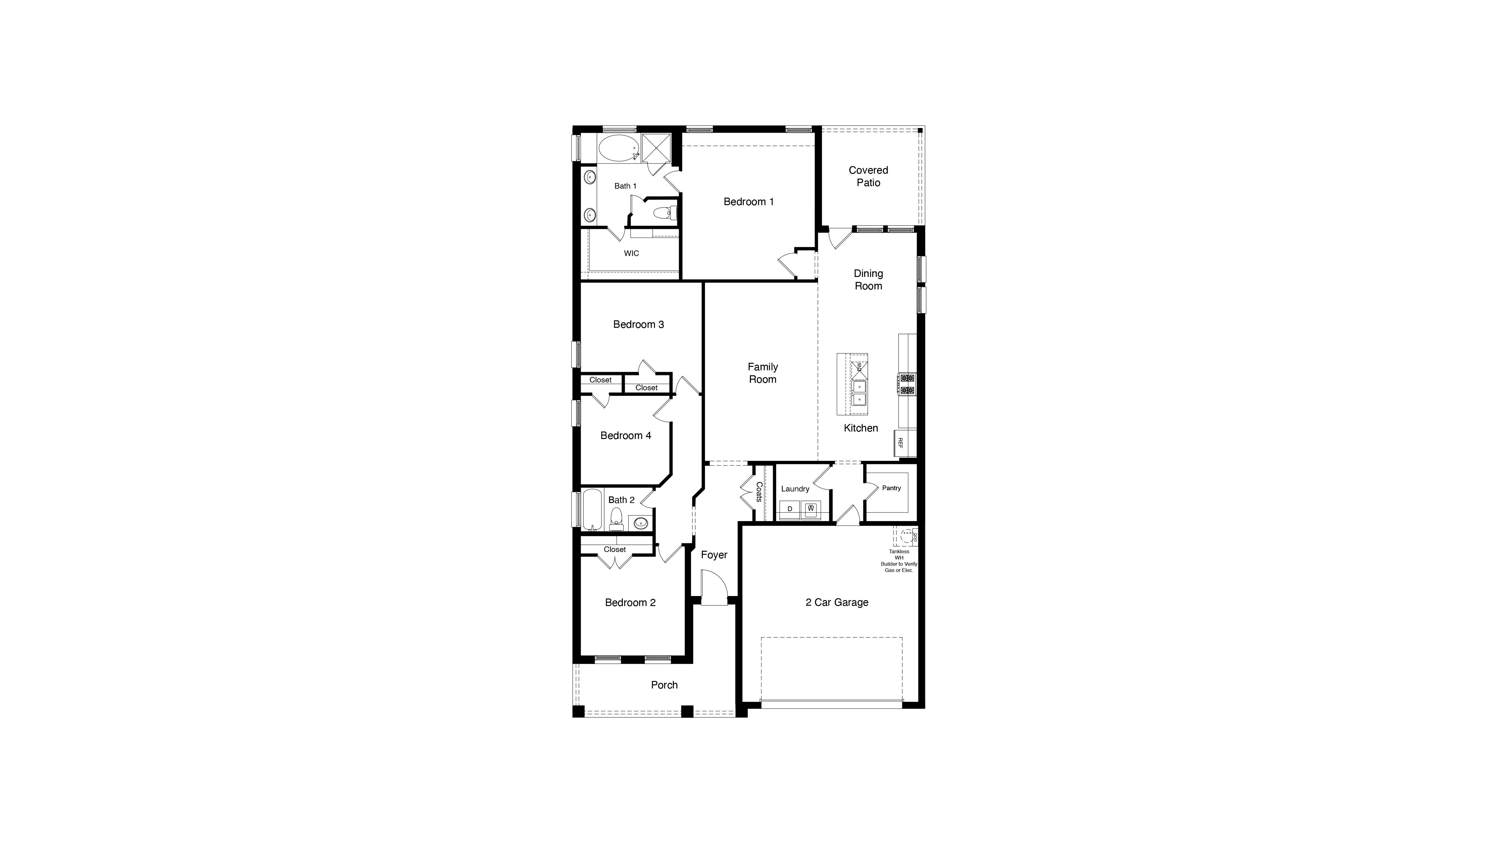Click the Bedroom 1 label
coord(748,202)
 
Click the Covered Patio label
coord(868,176)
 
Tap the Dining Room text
coord(868,280)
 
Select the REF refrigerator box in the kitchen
coord(900,443)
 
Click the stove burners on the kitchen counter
coord(907,384)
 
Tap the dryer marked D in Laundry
coord(790,509)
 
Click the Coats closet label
coord(759,492)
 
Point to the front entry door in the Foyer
coord(713,589)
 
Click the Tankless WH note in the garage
coord(899,560)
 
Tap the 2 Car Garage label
coord(837,603)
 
